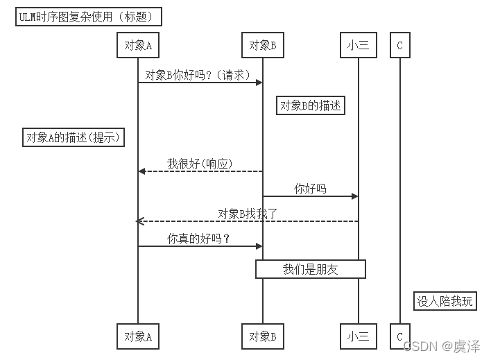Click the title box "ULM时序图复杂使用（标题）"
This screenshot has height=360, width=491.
coord(89,17)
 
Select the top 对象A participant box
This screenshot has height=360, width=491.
coord(137,46)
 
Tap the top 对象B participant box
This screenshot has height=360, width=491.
coord(262,46)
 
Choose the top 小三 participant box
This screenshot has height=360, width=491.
coord(359,46)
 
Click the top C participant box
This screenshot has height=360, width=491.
coord(399,46)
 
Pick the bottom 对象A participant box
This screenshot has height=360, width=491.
coord(137,336)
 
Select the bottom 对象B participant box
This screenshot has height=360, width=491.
coord(262,336)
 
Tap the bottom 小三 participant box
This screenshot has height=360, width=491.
coord(359,336)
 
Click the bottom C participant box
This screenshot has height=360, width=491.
coord(399,336)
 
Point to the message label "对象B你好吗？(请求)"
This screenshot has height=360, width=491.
coord(197,75)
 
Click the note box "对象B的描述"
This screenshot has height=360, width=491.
coord(311,105)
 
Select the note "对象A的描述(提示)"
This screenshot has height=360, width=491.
coord(74,137)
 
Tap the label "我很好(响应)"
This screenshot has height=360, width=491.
coord(199,164)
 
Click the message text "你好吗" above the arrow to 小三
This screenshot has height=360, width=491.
coord(310,189)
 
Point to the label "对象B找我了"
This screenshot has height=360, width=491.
coord(247,214)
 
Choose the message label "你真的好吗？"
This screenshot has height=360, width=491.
coord(198,239)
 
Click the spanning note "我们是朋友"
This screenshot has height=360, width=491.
coord(310,269)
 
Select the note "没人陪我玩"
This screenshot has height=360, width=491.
coord(445,301)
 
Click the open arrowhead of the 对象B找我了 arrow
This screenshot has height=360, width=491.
coord(139,221)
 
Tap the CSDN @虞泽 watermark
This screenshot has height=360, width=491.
coord(444,345)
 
